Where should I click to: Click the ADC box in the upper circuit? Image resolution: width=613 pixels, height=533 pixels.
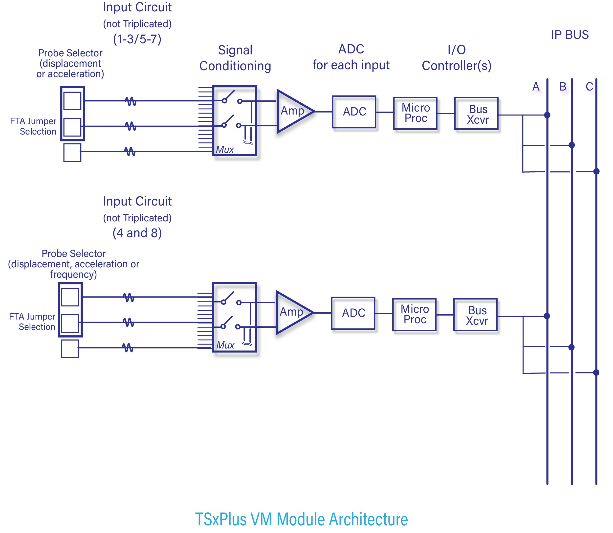click(x=354, y=112)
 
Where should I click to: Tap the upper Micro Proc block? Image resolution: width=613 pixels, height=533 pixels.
click(x=416, y=113)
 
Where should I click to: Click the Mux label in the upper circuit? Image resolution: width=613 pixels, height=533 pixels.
click(x=225, y=150)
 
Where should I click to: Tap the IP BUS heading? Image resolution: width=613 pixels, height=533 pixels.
click(x=569, y=35)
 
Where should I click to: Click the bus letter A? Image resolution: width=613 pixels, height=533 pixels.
click(x=536, y=87)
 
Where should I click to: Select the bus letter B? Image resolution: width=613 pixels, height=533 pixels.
click(x=563, y=87)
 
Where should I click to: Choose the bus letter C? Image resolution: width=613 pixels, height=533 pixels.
click(x=589, y=87)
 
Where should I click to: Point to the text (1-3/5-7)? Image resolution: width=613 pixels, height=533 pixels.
click(x=137, y=39)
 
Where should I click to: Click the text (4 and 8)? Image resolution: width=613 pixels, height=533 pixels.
click(x=137, y=233)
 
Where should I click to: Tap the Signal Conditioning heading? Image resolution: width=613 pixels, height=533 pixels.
click(x=235, y=58)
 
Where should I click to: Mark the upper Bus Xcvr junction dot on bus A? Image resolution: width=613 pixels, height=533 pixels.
click(x=547, y=115)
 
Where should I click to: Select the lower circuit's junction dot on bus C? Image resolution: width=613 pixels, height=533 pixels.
click(x=596, y=372)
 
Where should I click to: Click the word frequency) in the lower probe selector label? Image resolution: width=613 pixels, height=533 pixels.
click(x=73, y=274)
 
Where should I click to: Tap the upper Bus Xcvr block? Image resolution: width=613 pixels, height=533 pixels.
click(x=478, y=114)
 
